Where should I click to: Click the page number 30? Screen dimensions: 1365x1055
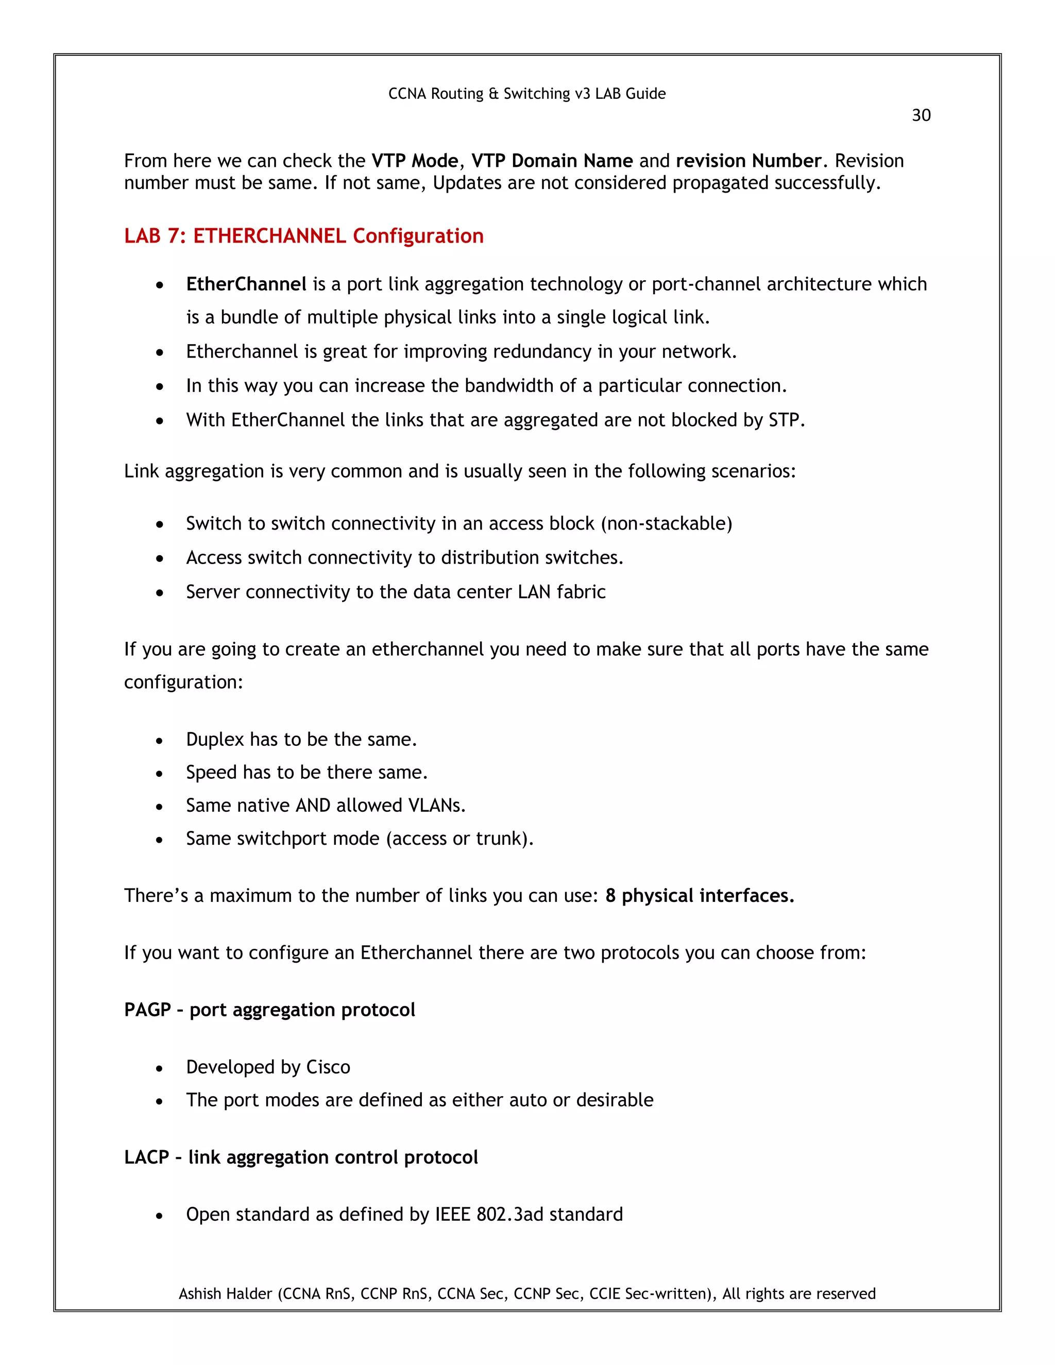[x=921, y=115]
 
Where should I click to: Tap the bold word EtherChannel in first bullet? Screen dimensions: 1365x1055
[x=246, y=284]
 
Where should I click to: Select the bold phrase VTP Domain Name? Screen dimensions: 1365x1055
[x=551, y=161]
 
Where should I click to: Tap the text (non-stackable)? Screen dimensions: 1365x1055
[x=666, y=524]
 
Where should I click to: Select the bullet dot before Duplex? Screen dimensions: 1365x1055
[x=160, y=741]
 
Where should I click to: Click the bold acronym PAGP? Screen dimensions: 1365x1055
[x=147, y=1010]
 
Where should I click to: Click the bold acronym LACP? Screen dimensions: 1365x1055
[x=146, y=1157]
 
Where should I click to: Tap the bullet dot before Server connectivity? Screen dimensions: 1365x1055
[x=160, y=593]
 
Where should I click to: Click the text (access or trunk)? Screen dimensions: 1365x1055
[x=460, y=839]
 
